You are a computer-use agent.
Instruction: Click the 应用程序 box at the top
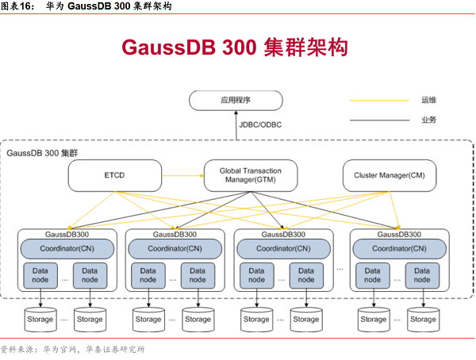pos(235,100)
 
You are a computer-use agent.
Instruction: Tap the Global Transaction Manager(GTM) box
pos(250,175)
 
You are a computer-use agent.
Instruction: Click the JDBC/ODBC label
pos(260,124)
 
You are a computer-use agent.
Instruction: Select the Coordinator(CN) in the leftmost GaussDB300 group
pos(67,249)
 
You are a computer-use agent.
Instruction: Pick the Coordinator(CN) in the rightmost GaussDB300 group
pos(399,249)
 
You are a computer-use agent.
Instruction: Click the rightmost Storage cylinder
pos(423,318)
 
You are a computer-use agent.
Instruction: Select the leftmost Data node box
pos(40,274)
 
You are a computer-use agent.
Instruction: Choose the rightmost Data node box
pos(422,274)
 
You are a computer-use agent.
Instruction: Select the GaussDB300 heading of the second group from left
pos(175,235)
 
